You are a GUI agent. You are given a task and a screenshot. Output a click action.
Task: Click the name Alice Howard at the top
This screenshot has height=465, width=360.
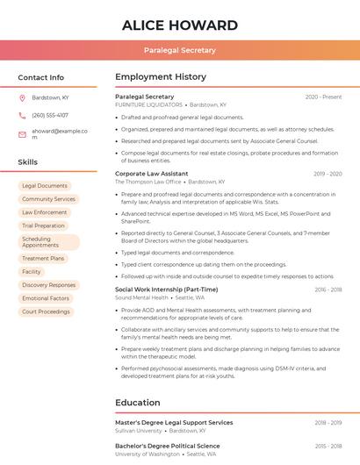pyautogui.click(x=180, y=25)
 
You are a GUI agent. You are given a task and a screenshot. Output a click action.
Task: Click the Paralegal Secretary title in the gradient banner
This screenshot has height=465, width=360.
pyautogui.click(x=180, y=51)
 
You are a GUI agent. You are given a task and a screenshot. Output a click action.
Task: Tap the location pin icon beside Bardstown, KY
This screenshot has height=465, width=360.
pyautogui.click(x=22, y=97)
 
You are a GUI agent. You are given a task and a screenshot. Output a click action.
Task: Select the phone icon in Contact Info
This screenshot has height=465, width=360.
pyautogui.click(x=22, y=115)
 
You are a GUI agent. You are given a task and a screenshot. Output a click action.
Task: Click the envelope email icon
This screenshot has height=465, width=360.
pyautogui.click(x=22, y=134)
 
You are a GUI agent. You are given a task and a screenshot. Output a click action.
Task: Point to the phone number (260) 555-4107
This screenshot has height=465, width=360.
pyautogui.click(x=50, y=115)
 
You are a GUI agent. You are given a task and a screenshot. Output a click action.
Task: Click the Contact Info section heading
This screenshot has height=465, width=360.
pyautogui.click(x=41, y=77)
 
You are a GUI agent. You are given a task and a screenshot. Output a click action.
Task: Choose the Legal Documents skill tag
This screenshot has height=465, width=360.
pyautogui.click(x=45, y=186)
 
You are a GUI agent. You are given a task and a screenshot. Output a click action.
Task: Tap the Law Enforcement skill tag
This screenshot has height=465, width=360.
pyautogui.click(x=45, y=212)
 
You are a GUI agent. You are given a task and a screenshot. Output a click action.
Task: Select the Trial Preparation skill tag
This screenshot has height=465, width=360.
pyautogui.click(x=44, y=225)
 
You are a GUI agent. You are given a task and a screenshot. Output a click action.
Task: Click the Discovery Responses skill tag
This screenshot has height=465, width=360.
pyautogui.click(x=49, y=285)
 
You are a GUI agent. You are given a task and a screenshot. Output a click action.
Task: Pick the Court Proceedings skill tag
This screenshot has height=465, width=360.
pyautogui.click(x=46, y=311)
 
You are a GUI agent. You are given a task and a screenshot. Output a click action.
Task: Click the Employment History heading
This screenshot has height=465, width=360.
pyautogui.click(x=161, y=77)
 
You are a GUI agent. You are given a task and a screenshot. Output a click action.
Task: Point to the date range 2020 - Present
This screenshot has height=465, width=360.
pyautogui.click(x=323, y=97)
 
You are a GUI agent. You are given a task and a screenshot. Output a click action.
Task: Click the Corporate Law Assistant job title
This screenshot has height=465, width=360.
pyautogui.click(x=152, y=174)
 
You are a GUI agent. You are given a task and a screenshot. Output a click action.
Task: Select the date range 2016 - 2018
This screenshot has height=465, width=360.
pyautogui.click(x=328, y=290)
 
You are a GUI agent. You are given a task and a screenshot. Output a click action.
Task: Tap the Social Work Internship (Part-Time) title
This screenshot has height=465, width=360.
pyautogui.click(x=167, y=290)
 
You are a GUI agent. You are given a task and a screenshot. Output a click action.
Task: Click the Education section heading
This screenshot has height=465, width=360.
pyautogui.click(x=138, y=403)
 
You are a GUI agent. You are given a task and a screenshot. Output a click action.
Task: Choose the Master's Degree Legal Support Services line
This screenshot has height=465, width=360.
pyautogui.click(x=174, y=423)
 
